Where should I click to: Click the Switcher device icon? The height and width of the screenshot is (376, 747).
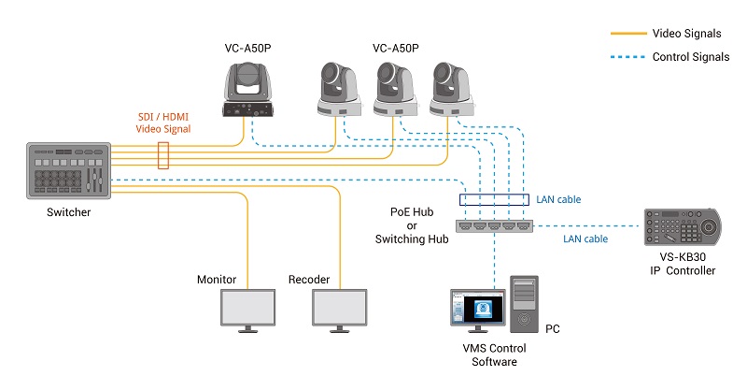coord(68,170)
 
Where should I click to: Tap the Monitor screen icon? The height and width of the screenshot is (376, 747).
coord(247,311)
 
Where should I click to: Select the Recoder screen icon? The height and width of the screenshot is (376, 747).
coord(340,311)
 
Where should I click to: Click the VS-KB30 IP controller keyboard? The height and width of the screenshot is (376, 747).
coord(683,226)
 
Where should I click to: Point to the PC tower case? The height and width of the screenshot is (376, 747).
coord(524,304)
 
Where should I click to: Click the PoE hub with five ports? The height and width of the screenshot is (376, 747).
coord(495,226)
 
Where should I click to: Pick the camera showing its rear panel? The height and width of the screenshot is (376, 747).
coord(247,90)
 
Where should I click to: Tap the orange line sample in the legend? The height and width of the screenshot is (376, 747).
coord(628,34)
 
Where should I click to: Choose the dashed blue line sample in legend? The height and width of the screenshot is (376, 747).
coord(628,57)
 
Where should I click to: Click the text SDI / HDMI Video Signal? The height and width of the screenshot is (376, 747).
coord(163,123)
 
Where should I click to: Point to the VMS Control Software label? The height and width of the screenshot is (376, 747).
coord(495,355)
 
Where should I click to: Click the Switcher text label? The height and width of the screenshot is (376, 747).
coord(68,212)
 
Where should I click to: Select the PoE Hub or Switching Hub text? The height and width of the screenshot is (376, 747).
coord(412,225)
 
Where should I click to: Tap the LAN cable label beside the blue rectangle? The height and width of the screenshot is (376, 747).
coord(558,199)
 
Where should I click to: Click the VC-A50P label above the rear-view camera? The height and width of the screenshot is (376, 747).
coord(247,49)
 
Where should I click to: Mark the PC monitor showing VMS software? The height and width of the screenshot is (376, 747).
coord(478,311)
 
